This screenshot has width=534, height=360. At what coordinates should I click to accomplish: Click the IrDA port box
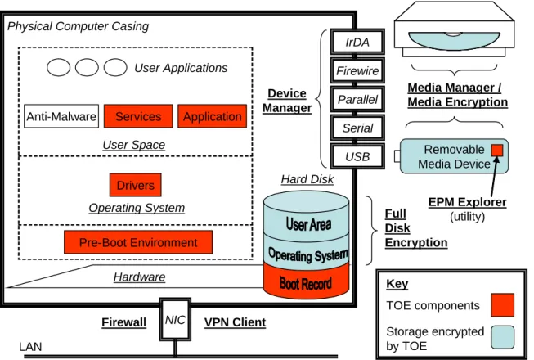pos(357,42)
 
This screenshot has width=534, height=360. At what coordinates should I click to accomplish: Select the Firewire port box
pos(357,70)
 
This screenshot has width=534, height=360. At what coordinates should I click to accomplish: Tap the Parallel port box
pos(357,99)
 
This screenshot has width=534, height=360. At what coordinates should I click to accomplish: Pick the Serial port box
pos(357,128)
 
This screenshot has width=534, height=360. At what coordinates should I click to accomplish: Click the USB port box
pos(357,156)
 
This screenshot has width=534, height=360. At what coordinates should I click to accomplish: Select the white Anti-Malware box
pos(61,116)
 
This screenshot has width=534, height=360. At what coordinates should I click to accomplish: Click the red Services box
pos(138,116)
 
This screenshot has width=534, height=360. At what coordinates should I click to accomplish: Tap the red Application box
pos(212,116)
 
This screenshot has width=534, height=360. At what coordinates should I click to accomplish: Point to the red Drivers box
pos(136,185)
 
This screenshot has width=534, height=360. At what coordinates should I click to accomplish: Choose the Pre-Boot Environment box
pos(138,242)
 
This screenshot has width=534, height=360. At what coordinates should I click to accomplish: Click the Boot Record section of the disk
pos(306,283)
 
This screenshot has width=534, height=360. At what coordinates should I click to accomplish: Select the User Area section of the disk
pos(306,222)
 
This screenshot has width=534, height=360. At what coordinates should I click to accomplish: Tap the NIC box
pos(175,319)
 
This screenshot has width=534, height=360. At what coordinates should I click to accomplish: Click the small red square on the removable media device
pos(497,151)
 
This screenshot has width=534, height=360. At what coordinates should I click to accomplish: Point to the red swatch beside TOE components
pos(502,305)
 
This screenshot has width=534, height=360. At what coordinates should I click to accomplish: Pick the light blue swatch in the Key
pos(502,337)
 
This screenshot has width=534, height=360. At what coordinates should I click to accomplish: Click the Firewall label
pos(124,322)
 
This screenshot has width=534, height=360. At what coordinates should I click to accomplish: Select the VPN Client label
pos(235,322)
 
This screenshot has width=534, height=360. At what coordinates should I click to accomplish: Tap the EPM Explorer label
pos(467,202)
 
